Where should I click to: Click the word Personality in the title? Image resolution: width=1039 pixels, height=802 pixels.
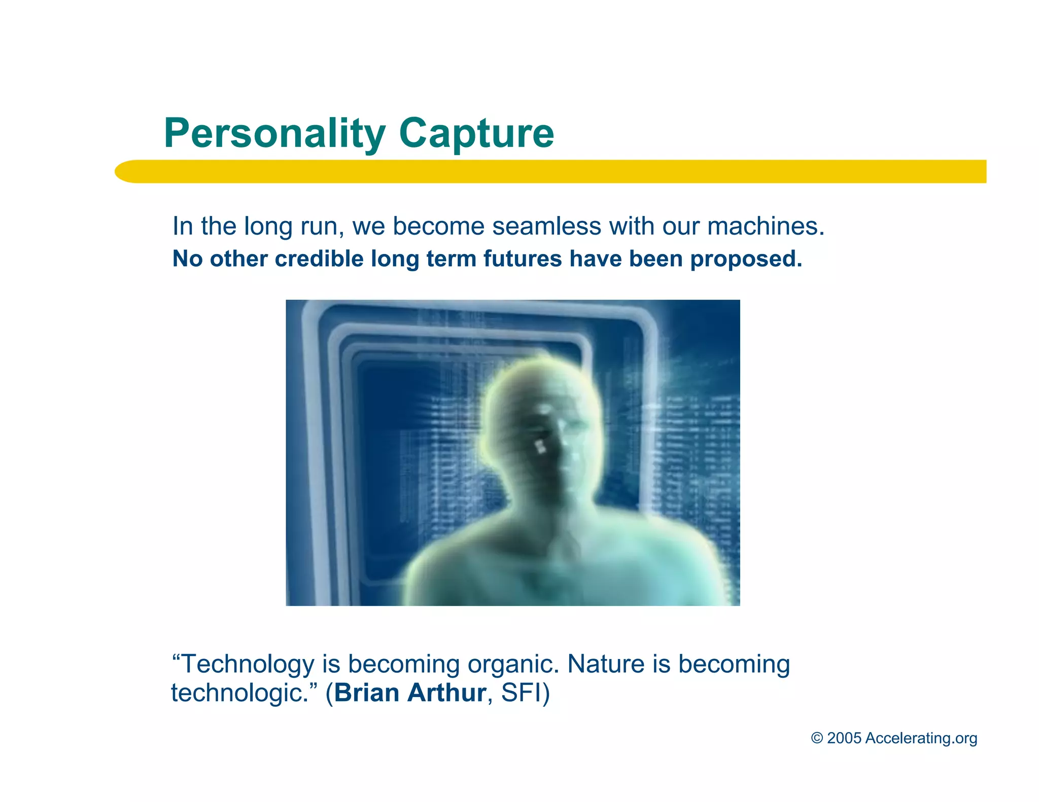(x=274, y=133)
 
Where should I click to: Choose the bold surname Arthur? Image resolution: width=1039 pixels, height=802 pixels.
(x=447, y=692)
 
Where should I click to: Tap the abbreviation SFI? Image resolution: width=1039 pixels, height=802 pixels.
(x=521, y=692)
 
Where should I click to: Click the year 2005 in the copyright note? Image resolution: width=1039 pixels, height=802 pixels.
(x=844, y=738)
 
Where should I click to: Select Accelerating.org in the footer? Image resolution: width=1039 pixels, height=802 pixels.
(x=921, y=739)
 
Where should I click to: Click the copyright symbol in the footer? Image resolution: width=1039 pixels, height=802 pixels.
(x=816, y=738)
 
